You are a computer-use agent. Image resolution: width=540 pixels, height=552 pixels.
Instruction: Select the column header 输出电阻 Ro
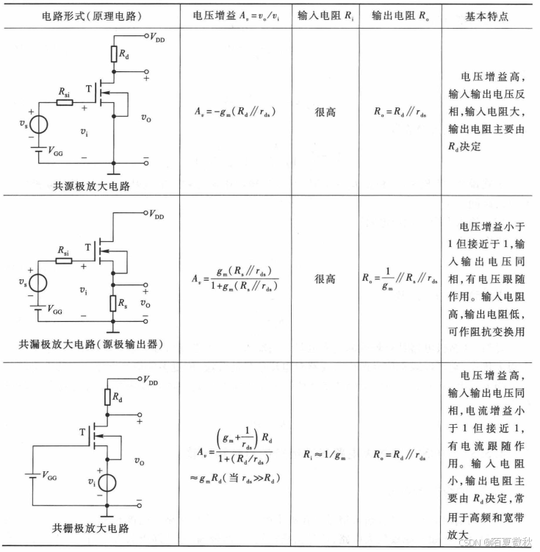pyautogui.click(x=402, y=16)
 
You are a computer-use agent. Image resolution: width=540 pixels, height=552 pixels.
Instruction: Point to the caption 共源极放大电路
pyautogui.click(x=91, y=186)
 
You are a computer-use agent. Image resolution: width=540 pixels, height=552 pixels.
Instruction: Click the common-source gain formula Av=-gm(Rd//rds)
pyautogui.click(x=236, y=113)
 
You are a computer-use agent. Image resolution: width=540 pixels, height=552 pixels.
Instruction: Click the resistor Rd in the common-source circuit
pyautogui.click(x=114, y=53)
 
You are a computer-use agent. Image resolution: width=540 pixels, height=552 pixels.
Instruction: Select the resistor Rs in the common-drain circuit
pyautogui.click(x=114, y=302)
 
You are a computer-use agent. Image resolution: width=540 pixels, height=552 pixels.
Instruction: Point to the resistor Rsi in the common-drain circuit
pyautogui.click(x=65, y=260)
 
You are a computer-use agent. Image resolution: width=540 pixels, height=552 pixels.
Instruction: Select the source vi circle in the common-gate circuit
pyautogui.click(x=107, y=483)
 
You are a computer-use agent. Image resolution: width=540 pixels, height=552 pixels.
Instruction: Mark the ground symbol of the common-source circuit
pyautogui.click(x=114, y=171)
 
